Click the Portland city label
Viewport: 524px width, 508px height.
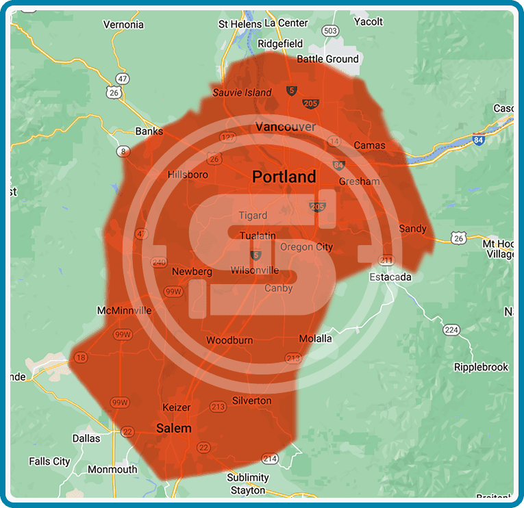point(284,177)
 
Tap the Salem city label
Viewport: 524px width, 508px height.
point(174,429)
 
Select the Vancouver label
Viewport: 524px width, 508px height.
point(286,127)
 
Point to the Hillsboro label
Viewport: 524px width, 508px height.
point(188,175)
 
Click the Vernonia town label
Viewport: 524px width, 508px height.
point(123,25)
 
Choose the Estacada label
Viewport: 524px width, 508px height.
point(390,277)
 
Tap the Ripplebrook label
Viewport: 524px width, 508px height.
point(481,367)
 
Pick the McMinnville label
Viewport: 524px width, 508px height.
point(124,310)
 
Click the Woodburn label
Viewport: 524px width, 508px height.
point(229,340)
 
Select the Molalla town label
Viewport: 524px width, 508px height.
point(315,338)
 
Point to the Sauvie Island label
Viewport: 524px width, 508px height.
point(242,92)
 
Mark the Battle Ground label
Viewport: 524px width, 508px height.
point(327,59)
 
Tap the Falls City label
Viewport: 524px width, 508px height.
point(49,461)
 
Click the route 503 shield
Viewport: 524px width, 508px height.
point(331,31)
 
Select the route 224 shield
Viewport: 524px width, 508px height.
point(451,330)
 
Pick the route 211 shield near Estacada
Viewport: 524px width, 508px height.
point(387,260)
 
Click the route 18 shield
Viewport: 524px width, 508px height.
point(82,357)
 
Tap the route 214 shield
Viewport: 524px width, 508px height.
point(270,459)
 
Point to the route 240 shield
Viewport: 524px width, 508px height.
point(159,262)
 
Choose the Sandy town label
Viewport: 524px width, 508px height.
point(412,229)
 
